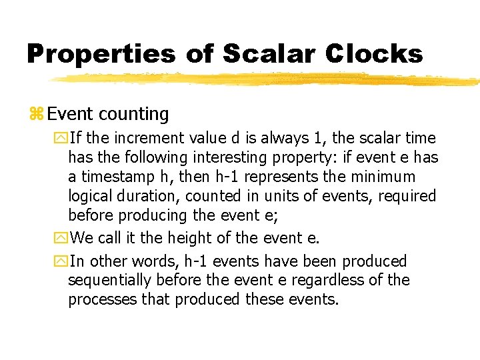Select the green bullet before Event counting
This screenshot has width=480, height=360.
(x=36, y=115)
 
